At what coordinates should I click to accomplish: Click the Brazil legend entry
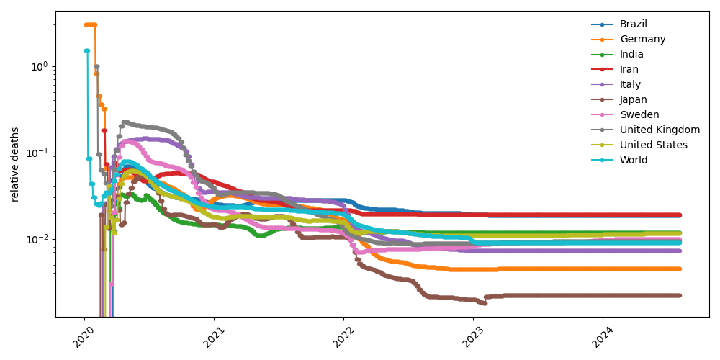pyautogui.click(x=634, y=24)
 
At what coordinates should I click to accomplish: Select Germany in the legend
pyautogui.click(x=642, y=39)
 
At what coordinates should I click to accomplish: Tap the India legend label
pyautogui.click(x=631, y=54)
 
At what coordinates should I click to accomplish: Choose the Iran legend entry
pyautogui.click(x=629, y=69)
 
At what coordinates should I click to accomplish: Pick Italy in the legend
pyautogui.click(x=630, y=84)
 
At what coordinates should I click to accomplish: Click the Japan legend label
pyautogui.click(x=634, y=99)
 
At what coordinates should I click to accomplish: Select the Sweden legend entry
pyautogui.click(x=639, y=114)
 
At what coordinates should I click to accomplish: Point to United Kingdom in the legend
pyautogui.click(x=660, y=130)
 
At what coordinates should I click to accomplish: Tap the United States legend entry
pyautogui.click(x=653, y=145)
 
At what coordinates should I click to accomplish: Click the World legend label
pyautogui.click(x=634, y=160)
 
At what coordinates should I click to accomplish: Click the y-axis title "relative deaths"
pyautogui.click(x=15, y=164)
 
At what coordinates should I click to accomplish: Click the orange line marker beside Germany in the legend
pyautogui.click(x=602, y=39)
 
